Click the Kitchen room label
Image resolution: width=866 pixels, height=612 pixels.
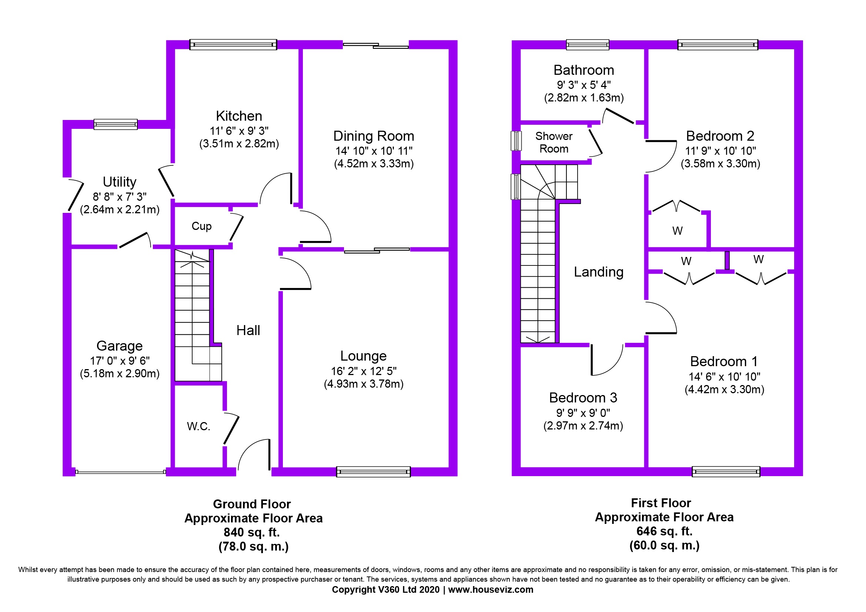pos(239,116)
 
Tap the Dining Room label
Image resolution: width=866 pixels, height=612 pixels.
pos(374,136)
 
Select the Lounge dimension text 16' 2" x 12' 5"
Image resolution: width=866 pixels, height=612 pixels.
pos(364,371)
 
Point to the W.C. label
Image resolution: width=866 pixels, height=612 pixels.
pos(198,427)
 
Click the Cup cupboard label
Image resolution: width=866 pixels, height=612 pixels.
pos(201,226)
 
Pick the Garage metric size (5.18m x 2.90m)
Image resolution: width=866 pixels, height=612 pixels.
pos(120,374)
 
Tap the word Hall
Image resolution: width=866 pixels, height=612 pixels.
pos(248,330)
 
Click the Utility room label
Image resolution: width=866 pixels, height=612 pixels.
pos(120,182)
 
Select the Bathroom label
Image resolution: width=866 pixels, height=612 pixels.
pos(584,70)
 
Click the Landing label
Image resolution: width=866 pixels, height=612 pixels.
pos(599,272)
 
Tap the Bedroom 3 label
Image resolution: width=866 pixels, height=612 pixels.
pos(583,398)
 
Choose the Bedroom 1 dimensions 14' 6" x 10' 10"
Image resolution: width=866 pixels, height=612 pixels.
pos(724,377)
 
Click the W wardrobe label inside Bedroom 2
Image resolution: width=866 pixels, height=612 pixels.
pos(678,231)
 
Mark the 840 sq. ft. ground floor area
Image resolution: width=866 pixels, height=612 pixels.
pos(251,532)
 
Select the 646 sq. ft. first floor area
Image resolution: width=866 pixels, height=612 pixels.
pos(665,531)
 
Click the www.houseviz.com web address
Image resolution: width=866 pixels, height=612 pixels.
pos(491,590)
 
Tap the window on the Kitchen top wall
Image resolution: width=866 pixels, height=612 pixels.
pos(233,44)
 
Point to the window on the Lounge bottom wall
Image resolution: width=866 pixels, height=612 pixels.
pos(374,472)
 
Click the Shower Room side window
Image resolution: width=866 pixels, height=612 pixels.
pos(516,141)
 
